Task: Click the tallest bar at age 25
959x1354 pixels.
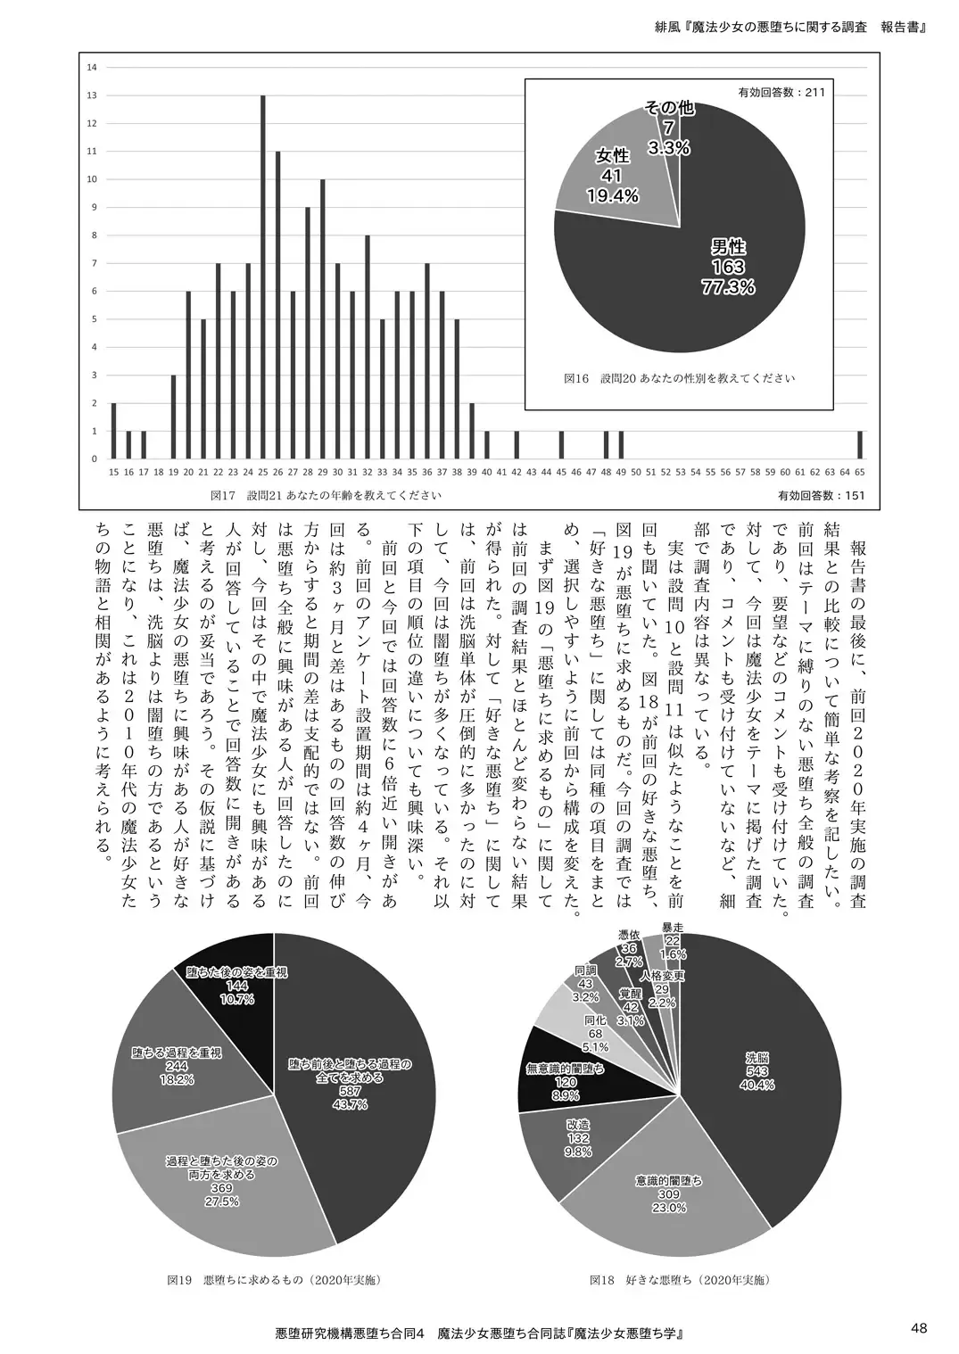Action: (263, 277)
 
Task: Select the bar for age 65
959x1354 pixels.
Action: (860, 444)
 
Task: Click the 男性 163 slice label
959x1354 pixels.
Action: (728, 267)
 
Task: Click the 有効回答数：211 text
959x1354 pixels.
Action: (782, 92)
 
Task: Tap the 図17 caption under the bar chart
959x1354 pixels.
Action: (327, 494)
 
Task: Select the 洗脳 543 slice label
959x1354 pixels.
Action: (756, 1070)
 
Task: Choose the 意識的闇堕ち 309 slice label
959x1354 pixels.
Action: (668, 1193)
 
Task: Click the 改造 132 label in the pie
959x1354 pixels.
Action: (578, 1138)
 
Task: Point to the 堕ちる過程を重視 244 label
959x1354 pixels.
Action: (177, 1065)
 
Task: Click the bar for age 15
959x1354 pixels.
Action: (113, 431)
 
